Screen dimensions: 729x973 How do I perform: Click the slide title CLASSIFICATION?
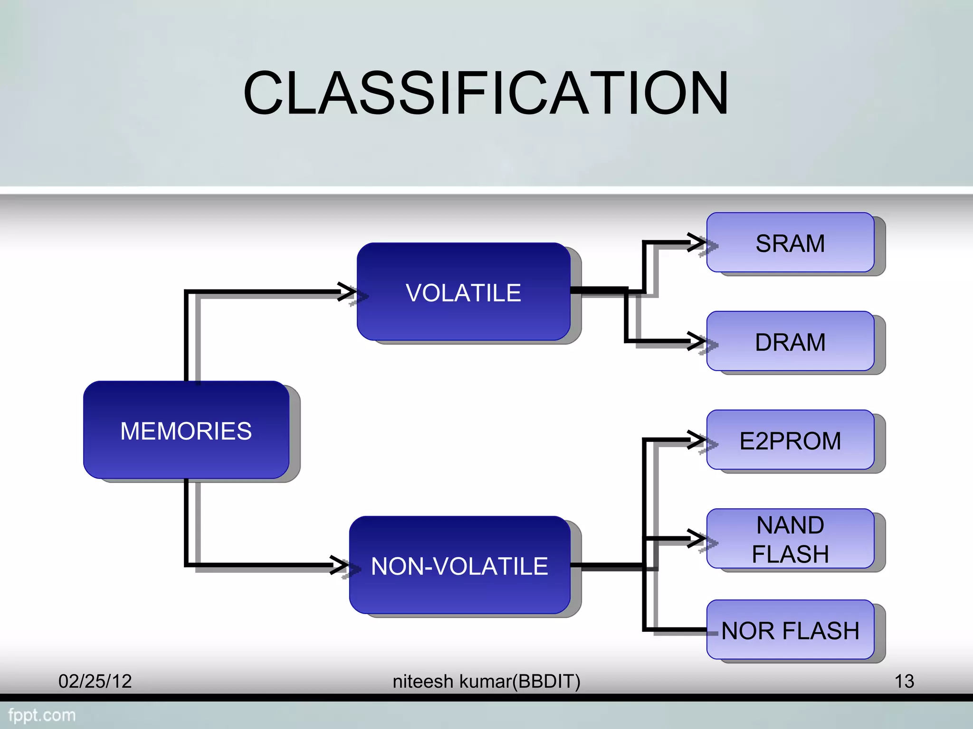pyautogui.click(x=486, y=93)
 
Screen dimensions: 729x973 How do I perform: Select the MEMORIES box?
pyautogui.click(x=186, y=430)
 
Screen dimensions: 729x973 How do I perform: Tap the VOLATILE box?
pyautogui.click(x=463, y=291)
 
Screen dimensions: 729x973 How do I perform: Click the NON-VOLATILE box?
pyautogui.click(x=459, y=565)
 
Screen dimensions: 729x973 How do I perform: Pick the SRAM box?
pyautogui.click(x=790, y=243)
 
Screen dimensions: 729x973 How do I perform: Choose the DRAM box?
pyautogui.click(x=790, y=341)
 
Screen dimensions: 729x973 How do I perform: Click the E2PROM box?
pyautogui.click(x=790, y=440)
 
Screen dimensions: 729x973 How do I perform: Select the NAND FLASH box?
pyautogui.click(x=790, y=538)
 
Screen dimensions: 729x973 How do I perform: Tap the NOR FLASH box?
pyautogui.click(x=790, y=630)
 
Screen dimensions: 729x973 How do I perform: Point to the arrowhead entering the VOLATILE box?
pyautogui.click(x=348, y=291)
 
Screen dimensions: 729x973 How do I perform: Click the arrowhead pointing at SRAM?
pyautogui.click(x=698, y=243)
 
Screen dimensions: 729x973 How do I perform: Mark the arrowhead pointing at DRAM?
pyautogui.click(x=698, y=341)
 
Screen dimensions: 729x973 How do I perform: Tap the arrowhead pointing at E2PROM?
pyautogui.click(x=698, y=440)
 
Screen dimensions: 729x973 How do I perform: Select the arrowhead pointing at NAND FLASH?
pyautogui.click(x=698, y=538)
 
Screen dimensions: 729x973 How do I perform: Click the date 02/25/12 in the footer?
pyautogui.click(x=95, y=681)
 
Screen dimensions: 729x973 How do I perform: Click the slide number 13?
pyautogui.click(x=904, y=681)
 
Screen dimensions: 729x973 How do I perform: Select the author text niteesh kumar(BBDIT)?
pyautogui.click(x=486, y=681)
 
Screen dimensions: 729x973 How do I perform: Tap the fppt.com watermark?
pyautogui.click(x=42, y=715)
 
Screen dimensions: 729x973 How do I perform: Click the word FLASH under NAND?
pyautogui.click(x=790, y=554)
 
